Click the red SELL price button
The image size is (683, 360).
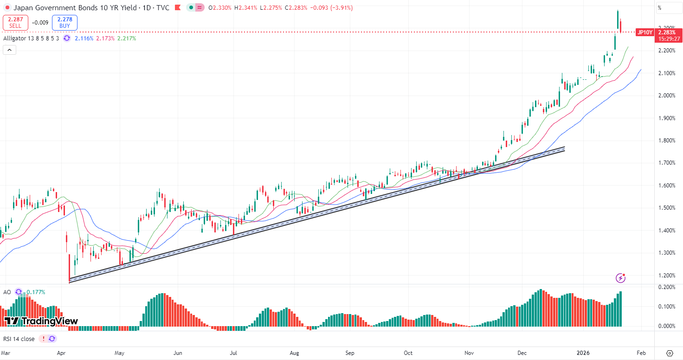point(15,22)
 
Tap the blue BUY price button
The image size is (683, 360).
point(64,22)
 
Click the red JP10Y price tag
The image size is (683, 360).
point(645,32)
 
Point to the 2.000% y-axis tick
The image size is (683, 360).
point(666,96)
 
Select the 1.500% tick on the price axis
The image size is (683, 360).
point(666,208)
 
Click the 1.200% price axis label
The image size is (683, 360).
point(666,275)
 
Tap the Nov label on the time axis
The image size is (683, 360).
point(469,353)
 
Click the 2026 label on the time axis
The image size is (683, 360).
point(583,353)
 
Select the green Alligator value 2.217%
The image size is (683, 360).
point(127,38)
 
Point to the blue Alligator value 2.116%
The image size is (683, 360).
point(84,38)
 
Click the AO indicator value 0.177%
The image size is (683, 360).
point(35,292)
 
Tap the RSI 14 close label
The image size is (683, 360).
point(19,339)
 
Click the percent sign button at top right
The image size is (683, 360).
point(660,7)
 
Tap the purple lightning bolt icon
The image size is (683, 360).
point(621,278)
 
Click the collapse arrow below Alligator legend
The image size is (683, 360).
point(9,50)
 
